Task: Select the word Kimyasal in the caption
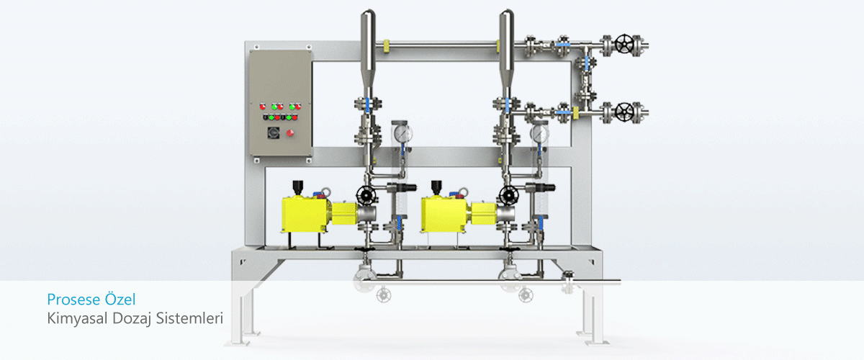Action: (x=77, y=319)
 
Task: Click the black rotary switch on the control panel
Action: (x=273, y=132)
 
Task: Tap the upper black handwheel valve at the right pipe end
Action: (x=624, y=44)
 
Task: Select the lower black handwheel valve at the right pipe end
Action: (x=624, y=112)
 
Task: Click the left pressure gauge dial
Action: (x=402, y=133)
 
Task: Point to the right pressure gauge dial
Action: (x=539, y=133)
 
